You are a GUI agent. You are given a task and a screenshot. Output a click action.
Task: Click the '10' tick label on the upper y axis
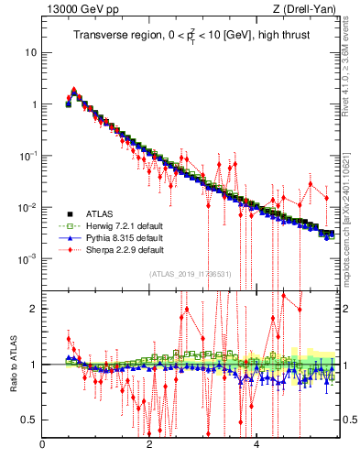31,52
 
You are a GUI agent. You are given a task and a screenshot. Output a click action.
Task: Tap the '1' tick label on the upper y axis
34,104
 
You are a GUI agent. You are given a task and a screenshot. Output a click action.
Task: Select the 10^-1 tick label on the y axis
29,156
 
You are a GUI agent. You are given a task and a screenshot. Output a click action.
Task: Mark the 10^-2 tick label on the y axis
29,207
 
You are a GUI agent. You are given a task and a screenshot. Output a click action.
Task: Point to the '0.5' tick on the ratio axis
30,420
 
